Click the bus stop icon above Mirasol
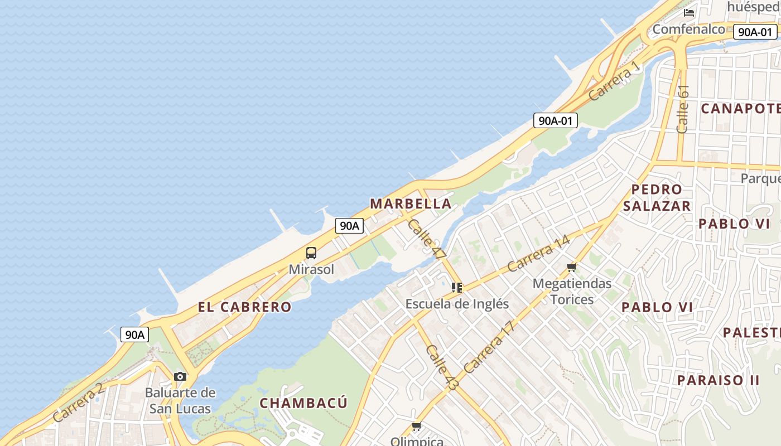pyautogui.click(x=311, y=253)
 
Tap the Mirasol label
pyautogui.click(x=311, y=270)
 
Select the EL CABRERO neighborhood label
pyautogui.click(x=244, y=307)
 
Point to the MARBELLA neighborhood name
pyautogui.click(x=411, y=204)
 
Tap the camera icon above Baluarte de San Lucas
pyautogui.click(x=180, y=377)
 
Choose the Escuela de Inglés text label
pyautogui.click(x=457, y=304)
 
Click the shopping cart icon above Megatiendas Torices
pyautogui.click(x=571, y=268)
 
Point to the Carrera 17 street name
pyautogui.click(x=488, y=348)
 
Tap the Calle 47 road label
pyautogui.click(x=427, y=238)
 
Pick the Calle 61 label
pyautogui.click(x=683, y=109)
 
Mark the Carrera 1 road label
pyautogui.click(x=614, y=81)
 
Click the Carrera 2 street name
pyautogui.click(x=79, y=403)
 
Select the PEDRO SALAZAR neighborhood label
pyautogui.click(x=657, y=197)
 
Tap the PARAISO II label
pyautogui.click(x=718, y=381)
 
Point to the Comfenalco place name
pyautogui.click(x=688, y=29)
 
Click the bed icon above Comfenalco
pyautogui.click(x=689, y=12)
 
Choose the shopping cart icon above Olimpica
pyautogui.click(x=416, y=427)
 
